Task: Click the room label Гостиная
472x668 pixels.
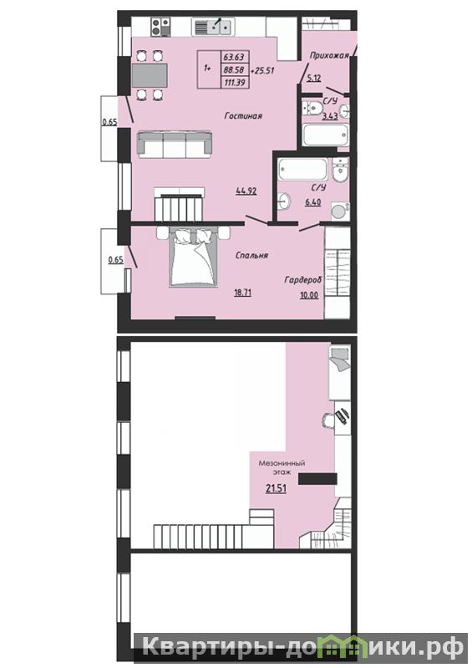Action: (243, 116)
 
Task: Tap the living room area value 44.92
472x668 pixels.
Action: (246, 191)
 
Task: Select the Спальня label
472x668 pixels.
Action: (251, 255)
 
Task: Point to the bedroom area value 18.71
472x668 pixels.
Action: (242, 293)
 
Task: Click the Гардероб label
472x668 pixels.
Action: (303, 280)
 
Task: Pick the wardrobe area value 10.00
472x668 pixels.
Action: (309, 295)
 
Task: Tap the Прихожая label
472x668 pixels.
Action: (329, 55)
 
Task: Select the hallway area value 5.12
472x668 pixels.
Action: (313, 78)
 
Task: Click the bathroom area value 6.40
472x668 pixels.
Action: (312, 202)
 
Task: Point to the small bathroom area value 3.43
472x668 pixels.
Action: (330, 116)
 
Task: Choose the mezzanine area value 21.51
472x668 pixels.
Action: (276, 488)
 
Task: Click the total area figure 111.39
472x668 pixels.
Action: (235, 82)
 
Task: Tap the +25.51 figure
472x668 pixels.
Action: (262, 70)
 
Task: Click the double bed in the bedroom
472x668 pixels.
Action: (193, 257)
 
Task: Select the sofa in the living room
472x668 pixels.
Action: (175, 145)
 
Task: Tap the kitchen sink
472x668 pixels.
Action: (212, 28)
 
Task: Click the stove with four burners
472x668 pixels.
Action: (161, 27)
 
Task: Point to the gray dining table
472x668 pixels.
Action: (150, 75)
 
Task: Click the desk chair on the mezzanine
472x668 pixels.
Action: (328, 420)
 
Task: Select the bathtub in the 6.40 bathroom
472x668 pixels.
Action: (303, 169)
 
